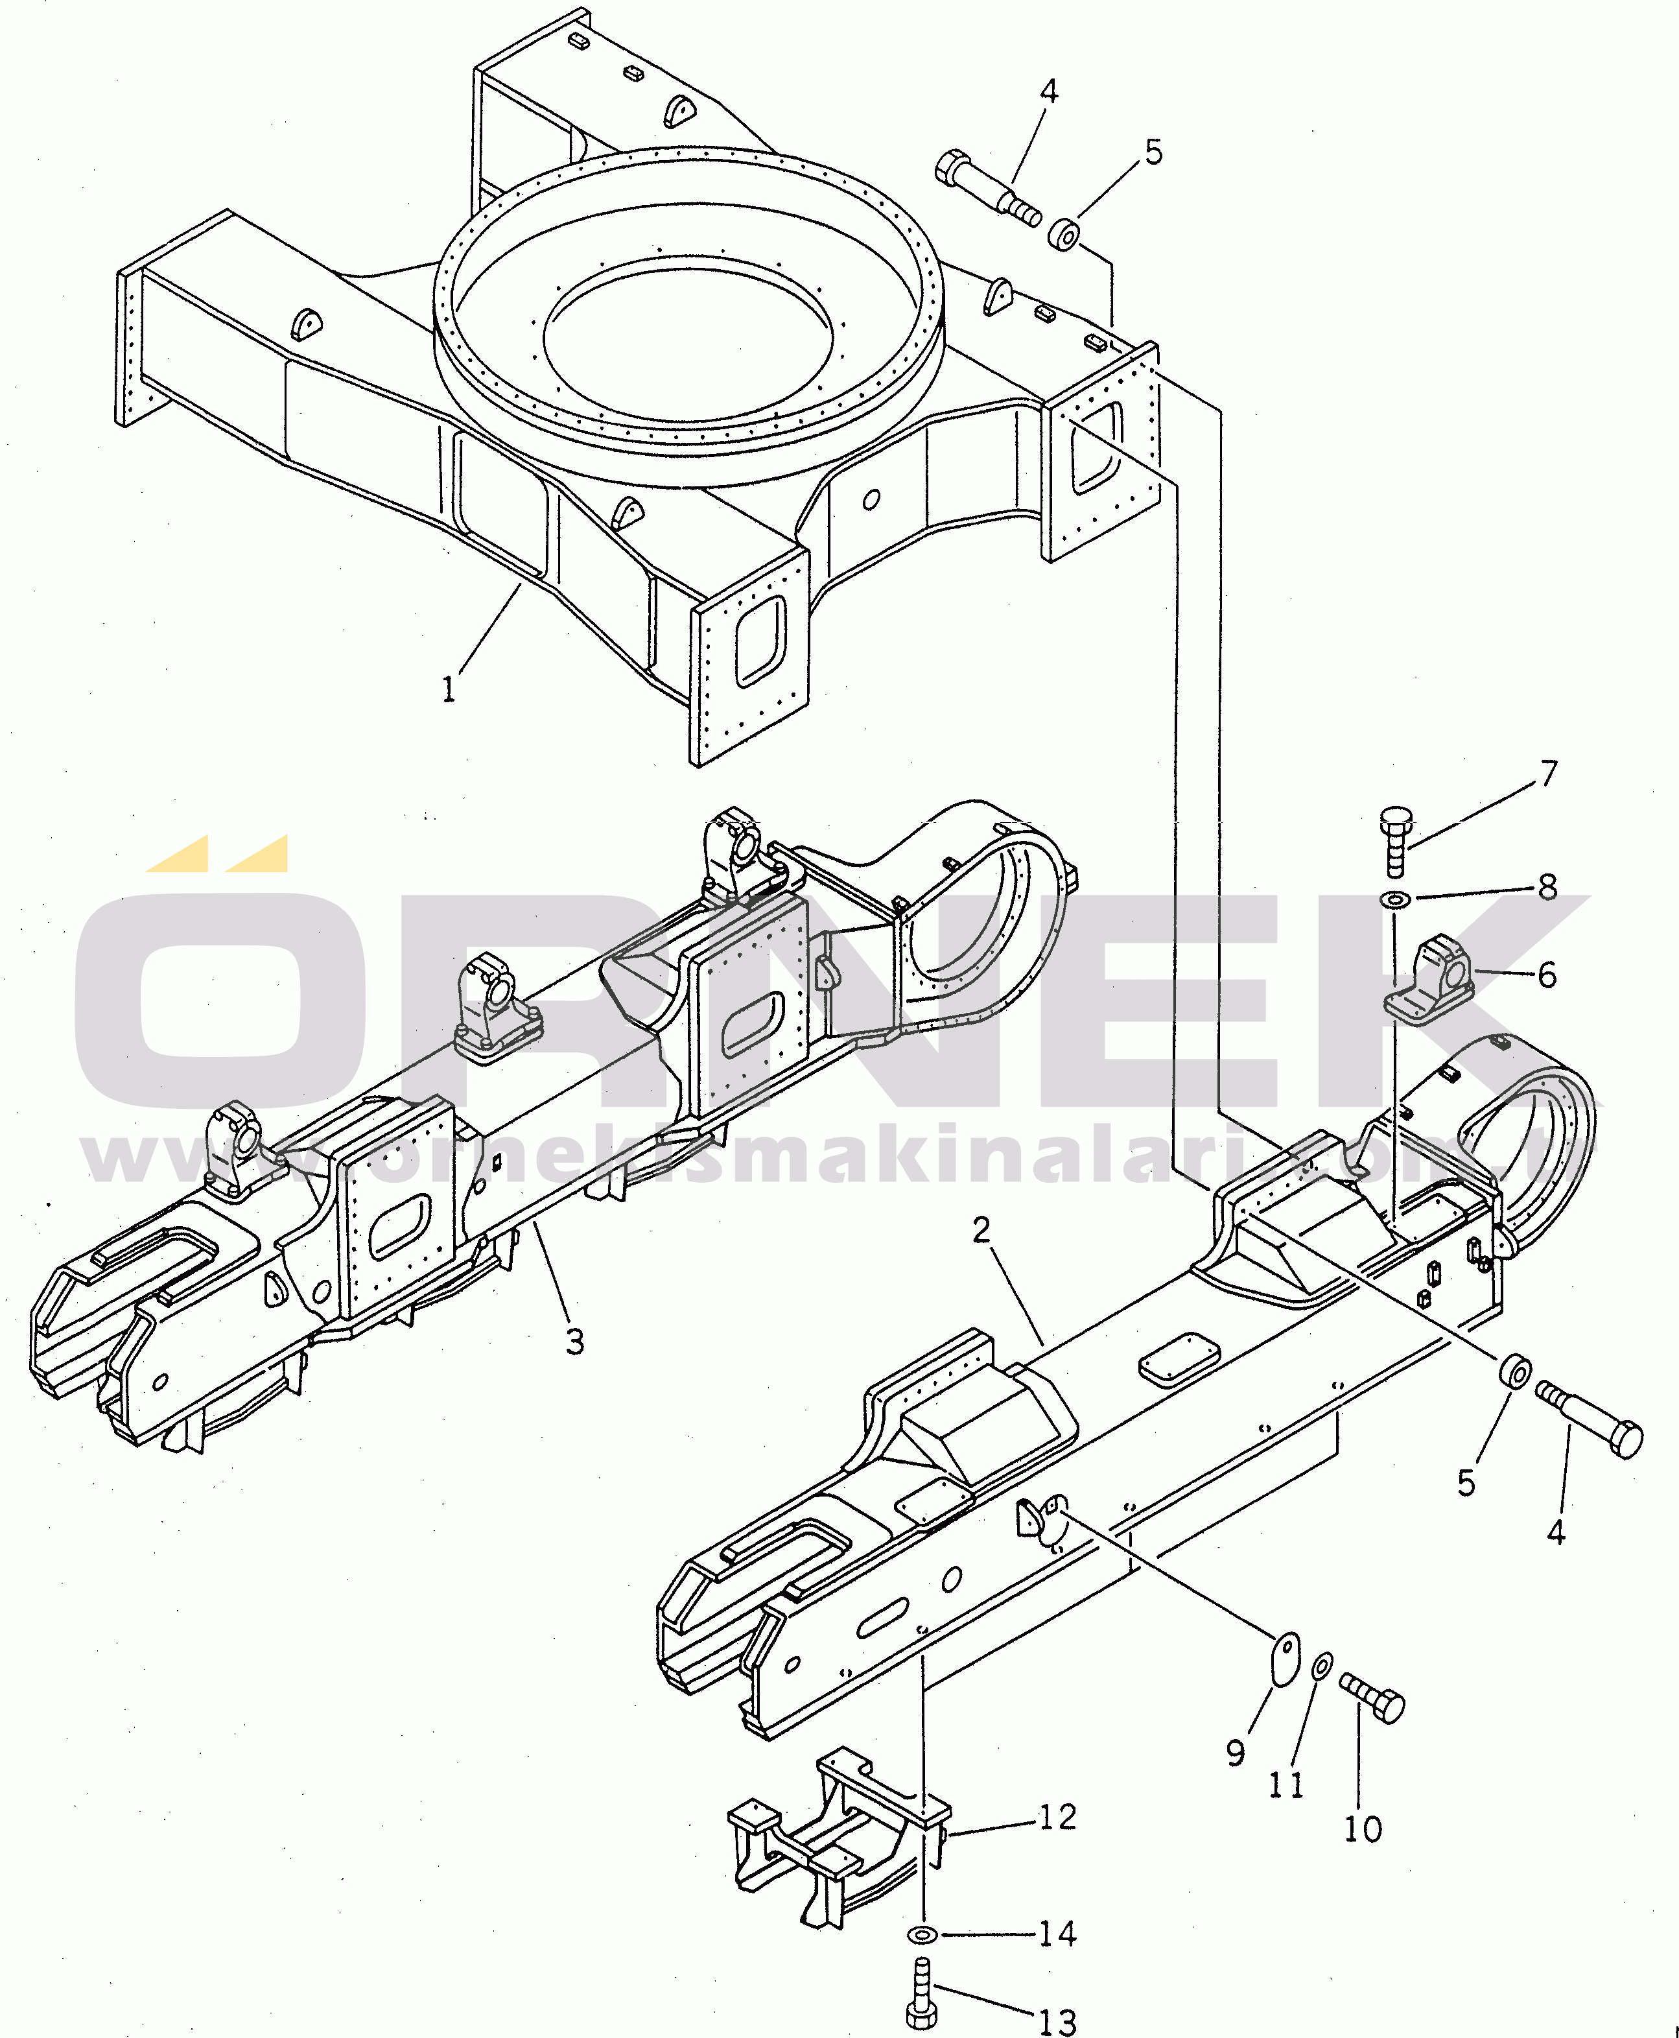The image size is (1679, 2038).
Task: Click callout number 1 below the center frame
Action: [448, 690]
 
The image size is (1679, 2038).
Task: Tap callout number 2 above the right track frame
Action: [981, 1230]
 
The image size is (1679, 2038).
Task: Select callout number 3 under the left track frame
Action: [574, 1342]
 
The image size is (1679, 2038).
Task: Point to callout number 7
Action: [1549, 774]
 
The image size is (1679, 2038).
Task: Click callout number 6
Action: [1547, 975]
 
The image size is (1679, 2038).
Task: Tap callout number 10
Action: [1363, 1829]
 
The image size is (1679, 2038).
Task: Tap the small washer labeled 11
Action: [1321, 1666]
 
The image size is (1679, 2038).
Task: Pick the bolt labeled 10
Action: [1372, 1698]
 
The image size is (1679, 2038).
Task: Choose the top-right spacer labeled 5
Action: [1064, 234]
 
